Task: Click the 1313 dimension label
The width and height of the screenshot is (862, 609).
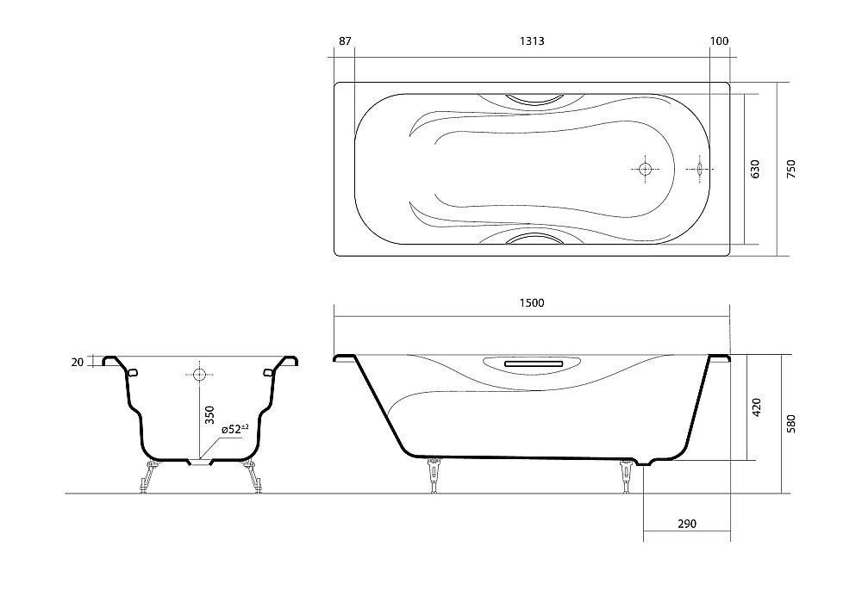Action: (x=531, y=41)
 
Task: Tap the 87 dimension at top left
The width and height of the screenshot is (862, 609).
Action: (x=345, y=41)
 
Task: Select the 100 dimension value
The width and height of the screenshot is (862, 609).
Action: (x=720, y=41)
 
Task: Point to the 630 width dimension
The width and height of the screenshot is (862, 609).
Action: (x=755, y=169)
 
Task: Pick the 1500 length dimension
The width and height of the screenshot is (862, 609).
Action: (x=531, y=302)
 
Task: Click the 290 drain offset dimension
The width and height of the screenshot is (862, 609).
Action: (x=686, y=524)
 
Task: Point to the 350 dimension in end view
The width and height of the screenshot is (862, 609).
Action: (x=208, y=416)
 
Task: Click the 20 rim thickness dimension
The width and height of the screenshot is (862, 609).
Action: (x=78, y=362)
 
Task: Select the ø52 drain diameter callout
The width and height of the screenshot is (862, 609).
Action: (x=234, y=428)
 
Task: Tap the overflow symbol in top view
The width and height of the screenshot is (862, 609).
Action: (x=699, y=169)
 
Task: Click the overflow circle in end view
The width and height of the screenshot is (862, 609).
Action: (x=199, y=375)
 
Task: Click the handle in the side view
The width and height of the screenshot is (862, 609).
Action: (x=531, y=364)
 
